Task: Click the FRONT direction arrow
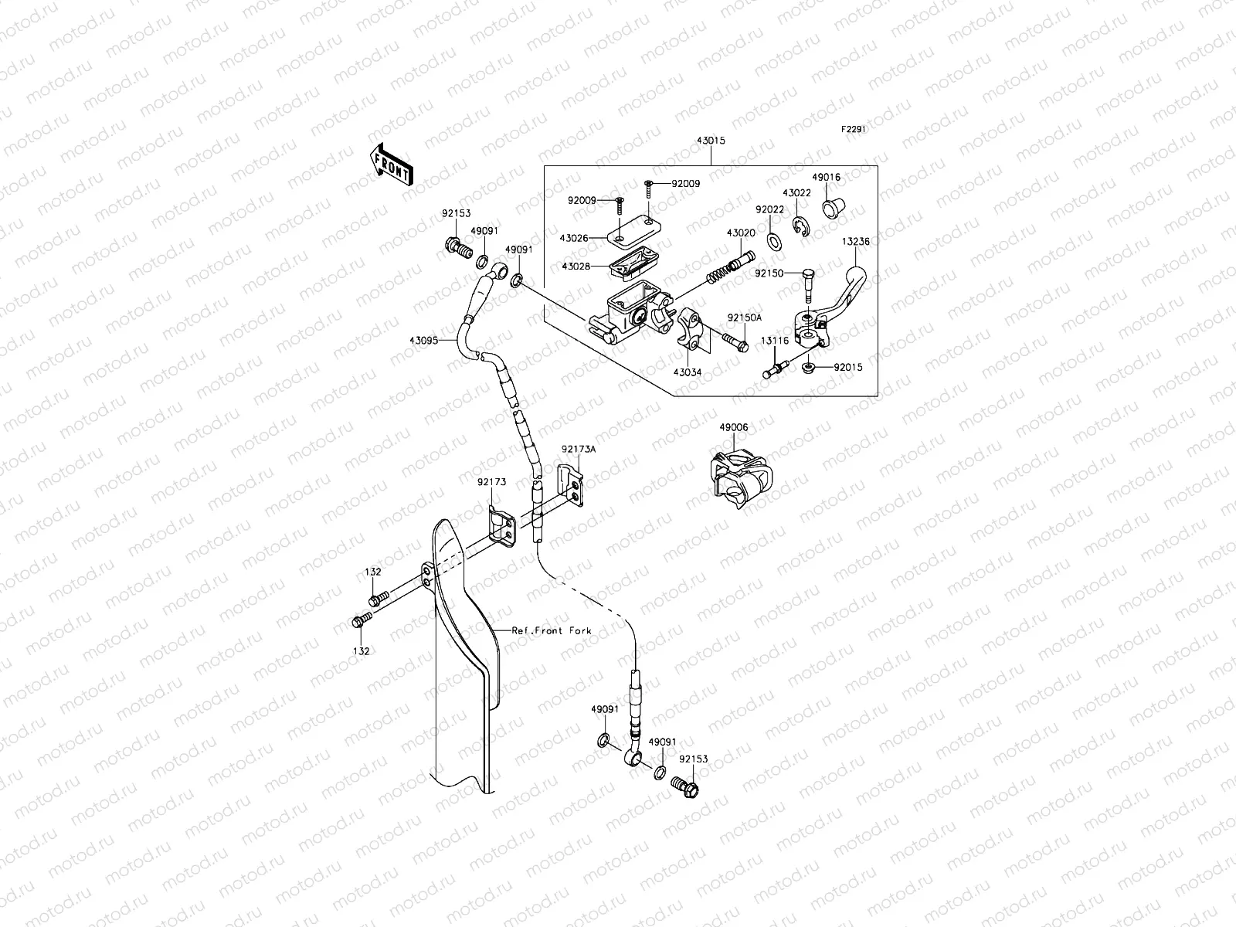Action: [x=392, y=163]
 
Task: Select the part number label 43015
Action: [x=711, y=141]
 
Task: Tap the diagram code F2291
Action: [x=854, y=130]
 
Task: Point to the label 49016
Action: [x=826, y=177]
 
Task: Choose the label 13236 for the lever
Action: [x=855, y=241]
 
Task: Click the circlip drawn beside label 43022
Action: [x=801, y=226]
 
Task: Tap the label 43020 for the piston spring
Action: [x=740, y=232]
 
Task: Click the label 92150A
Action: [x=744, y=317]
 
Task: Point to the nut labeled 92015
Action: [x=808, y=367]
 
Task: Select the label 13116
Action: [x=775, y=341]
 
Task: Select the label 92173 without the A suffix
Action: [x=491, y=482]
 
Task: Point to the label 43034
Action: [x=687, y=372]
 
